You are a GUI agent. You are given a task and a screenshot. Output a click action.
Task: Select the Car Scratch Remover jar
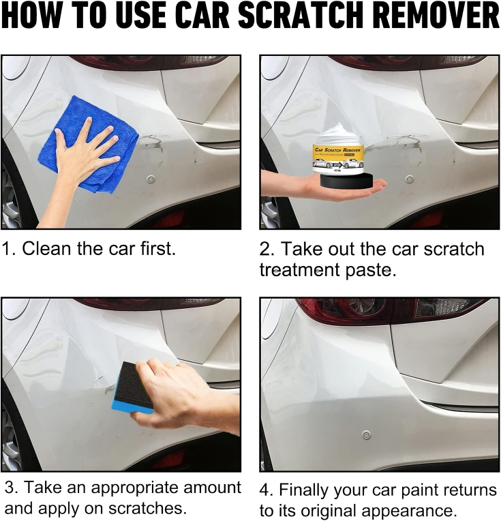pos(339,151)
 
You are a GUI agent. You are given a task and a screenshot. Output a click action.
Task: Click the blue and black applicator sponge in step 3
pos(134,389)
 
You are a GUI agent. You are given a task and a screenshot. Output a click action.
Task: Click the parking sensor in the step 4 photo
pos(367,434)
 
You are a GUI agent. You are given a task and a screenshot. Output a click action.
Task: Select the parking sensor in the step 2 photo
pos(409,179)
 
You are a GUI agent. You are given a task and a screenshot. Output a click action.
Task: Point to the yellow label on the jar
pos(339,152)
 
